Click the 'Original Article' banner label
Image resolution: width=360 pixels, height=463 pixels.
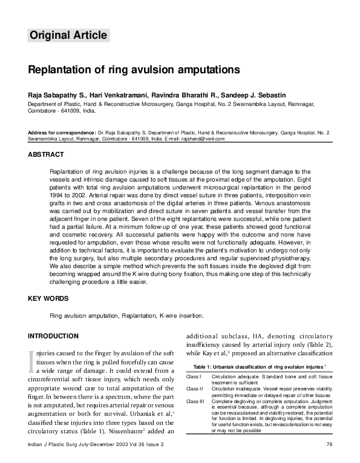(x=68, y=35)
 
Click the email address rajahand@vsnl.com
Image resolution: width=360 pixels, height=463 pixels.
(x=203, y=139)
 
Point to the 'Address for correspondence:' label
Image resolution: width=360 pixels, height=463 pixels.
(x=62, y=132)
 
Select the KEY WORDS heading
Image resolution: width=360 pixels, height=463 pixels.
(x=48, y=298)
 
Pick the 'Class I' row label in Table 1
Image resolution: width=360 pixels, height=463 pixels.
(x=194, y=376)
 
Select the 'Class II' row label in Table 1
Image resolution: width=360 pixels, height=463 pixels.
(x=195, y=389)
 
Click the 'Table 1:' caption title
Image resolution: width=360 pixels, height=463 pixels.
(x=206, y=367)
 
